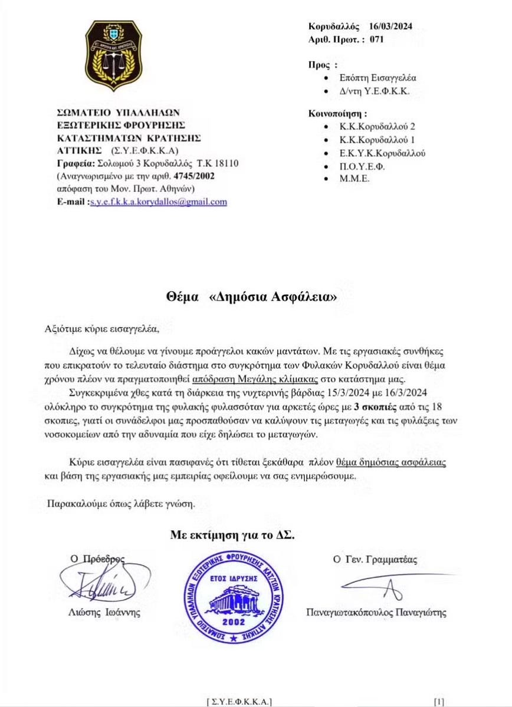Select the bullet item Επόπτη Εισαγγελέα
(x=374, y=77)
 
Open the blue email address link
(x=158, y=201)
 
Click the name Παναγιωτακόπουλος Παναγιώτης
(x=376, y=613)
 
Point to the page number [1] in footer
(x=438, y=701)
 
